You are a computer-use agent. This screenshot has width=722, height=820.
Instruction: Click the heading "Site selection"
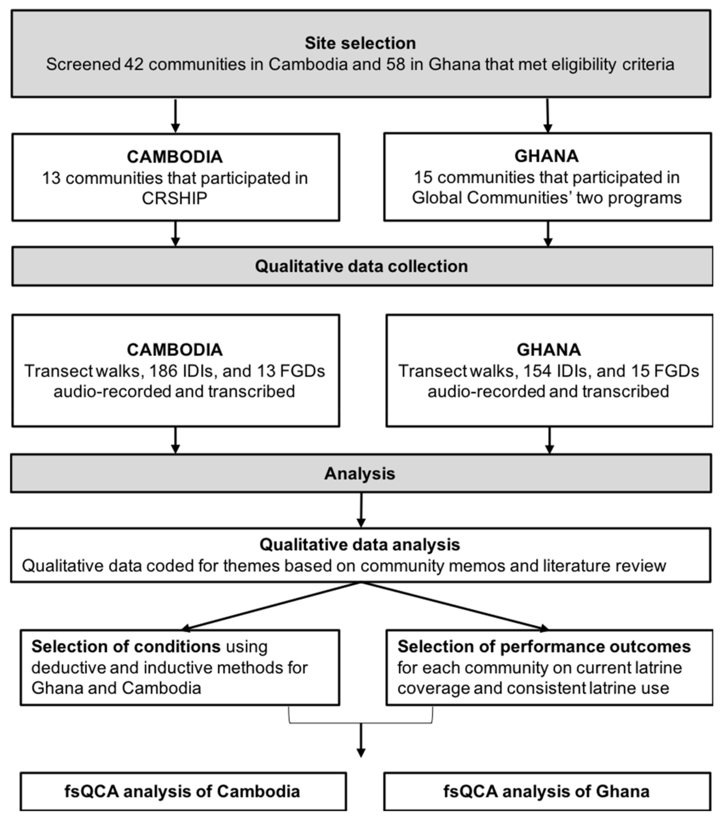(x=360, y=43)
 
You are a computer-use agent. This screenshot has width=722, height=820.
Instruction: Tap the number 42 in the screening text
(x=134, y=64)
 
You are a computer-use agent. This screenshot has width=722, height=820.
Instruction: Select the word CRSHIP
(x=174, y=198)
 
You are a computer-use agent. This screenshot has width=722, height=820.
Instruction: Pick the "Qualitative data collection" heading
(x=361, y=266)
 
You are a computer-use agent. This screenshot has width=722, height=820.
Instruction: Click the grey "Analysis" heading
(x=359, y=473)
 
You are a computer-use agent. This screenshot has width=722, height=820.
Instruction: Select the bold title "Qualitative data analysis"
(x=359, y=544)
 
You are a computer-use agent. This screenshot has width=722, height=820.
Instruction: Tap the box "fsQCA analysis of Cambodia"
(x=183, y=791)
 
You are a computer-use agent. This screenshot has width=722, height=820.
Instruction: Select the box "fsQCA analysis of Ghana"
(x=546, y=791)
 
